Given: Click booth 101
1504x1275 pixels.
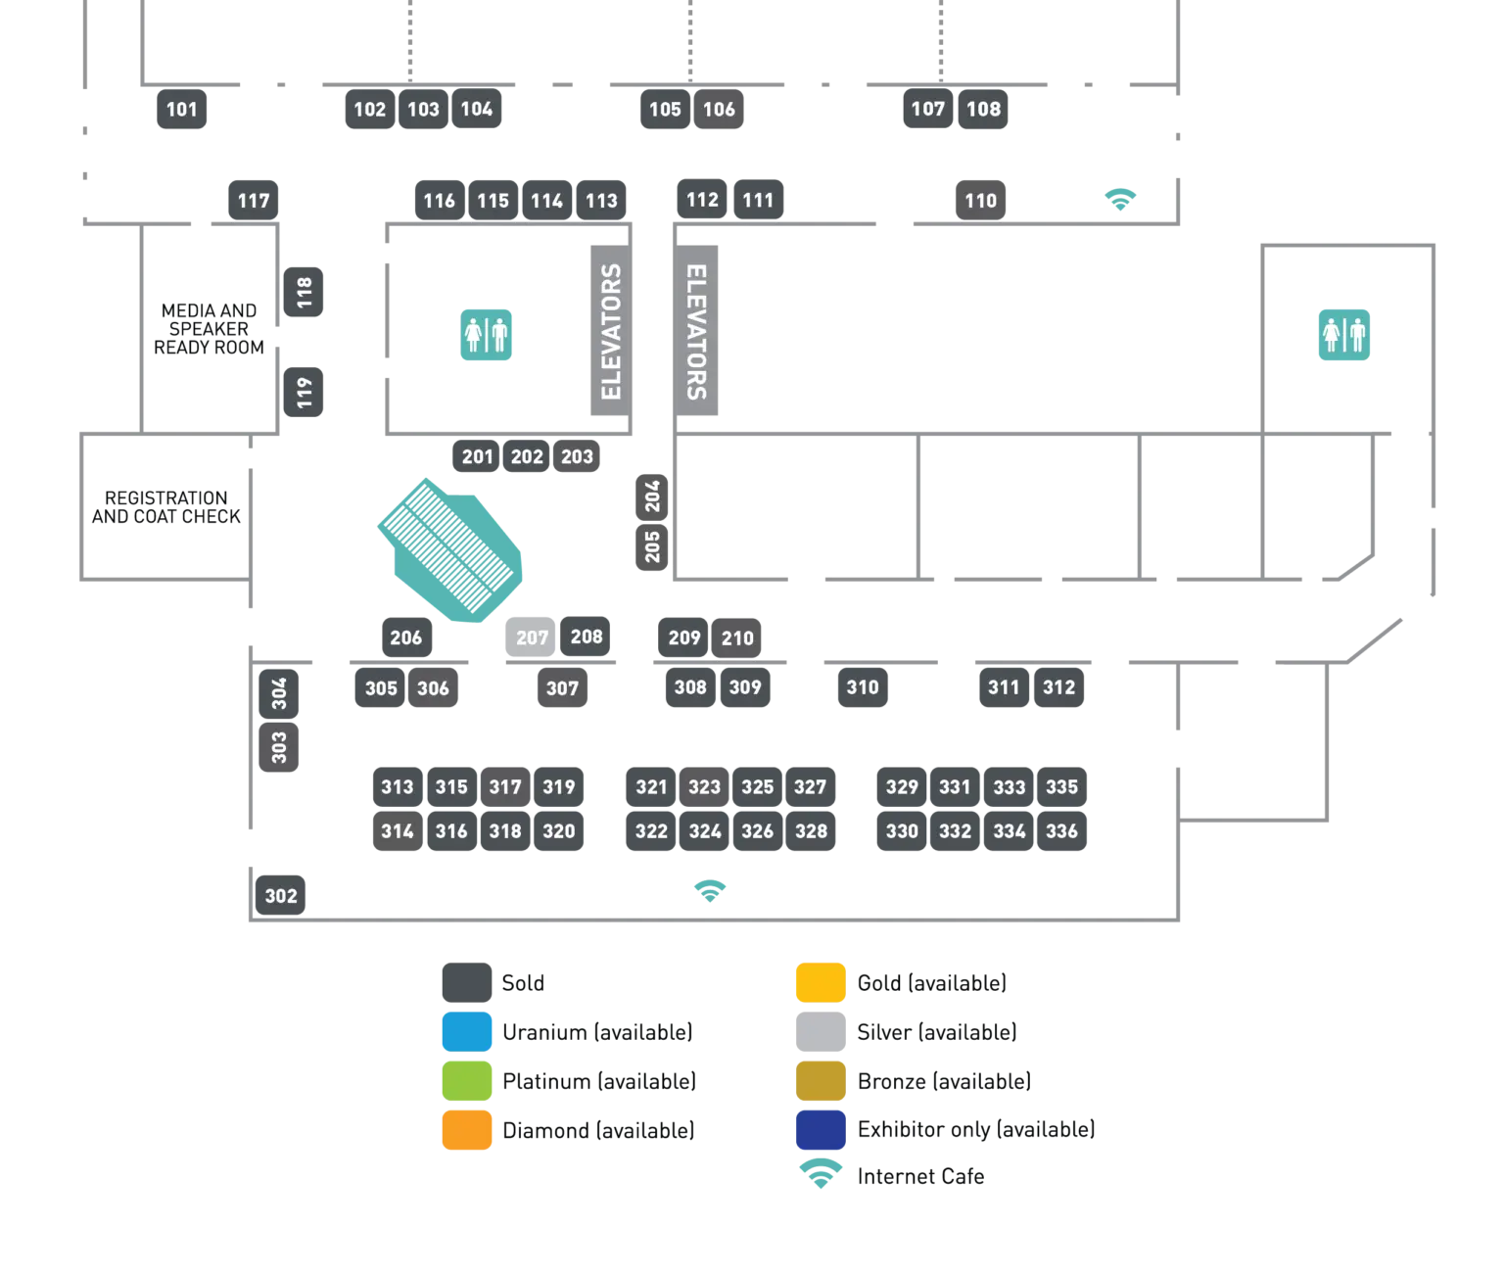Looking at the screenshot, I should click(x=183, y=110).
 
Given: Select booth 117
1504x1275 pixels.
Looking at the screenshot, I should click(x=254, y=201).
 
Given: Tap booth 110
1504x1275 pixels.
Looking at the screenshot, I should click(x=980, y=201).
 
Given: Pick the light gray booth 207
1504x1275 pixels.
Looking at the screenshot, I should click(x=530, y=637).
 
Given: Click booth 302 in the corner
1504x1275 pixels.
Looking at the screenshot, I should click(x=281, y=896).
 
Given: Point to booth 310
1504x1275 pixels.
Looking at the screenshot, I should click(x=863, y=687).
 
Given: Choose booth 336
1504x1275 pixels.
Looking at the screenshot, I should click(x=1061, y=831).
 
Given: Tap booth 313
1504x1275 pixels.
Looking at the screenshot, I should click(x=397, y=786).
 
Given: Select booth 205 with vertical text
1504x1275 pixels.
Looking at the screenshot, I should click(x=653, y=546).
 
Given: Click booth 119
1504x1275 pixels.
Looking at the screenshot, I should click(x=305, y=393).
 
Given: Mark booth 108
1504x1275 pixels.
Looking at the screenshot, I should click(x=983, y=110).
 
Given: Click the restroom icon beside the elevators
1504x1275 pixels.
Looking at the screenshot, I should click(x=487, y=335).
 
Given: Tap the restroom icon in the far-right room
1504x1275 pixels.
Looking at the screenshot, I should click(x=1343, y=335).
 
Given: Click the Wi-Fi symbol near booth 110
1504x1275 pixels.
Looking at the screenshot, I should click(x=1123, y=199).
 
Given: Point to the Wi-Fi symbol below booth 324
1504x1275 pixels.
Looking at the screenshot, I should click(x=709, y=892).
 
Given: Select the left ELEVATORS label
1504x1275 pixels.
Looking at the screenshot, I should click(x=611, y=332).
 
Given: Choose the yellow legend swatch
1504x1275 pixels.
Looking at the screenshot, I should click(x=819, y=982).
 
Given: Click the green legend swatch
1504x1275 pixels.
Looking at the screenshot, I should click(x=466, y=1081).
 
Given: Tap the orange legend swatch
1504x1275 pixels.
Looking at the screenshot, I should click(x=466, y=1130).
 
